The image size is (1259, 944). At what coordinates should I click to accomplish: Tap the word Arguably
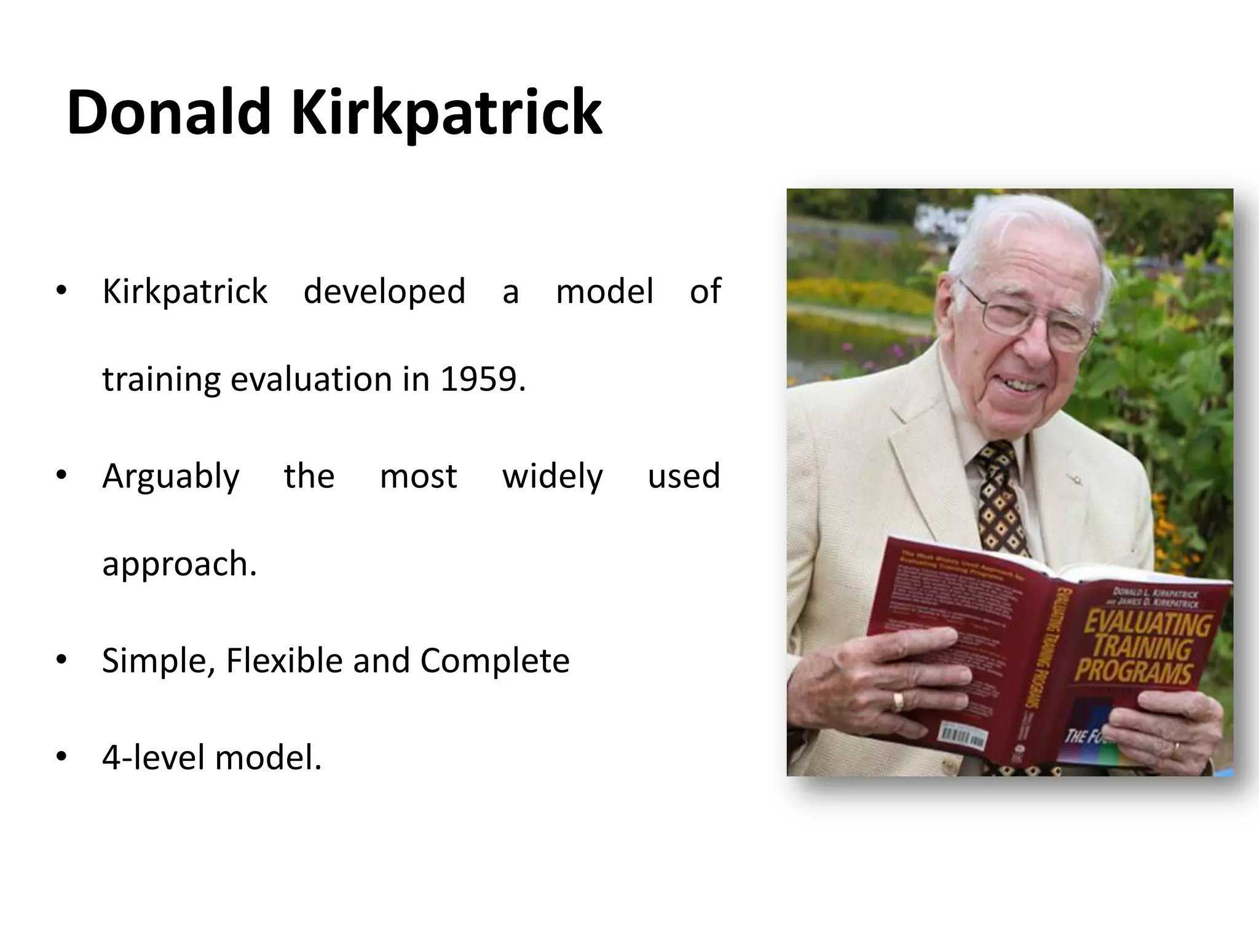(170, 476)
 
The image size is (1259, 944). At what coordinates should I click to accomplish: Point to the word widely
(552, 476)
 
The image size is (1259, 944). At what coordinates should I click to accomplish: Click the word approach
(178, 564)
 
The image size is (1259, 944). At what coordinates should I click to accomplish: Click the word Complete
(494, 661)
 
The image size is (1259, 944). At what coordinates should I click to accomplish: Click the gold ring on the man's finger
(898, 701)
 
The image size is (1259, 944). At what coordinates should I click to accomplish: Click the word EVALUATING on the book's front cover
(1146, 624)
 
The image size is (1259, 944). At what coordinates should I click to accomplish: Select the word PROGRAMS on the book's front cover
(1133, 670)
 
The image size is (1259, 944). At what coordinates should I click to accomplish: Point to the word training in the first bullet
(161, 379)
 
